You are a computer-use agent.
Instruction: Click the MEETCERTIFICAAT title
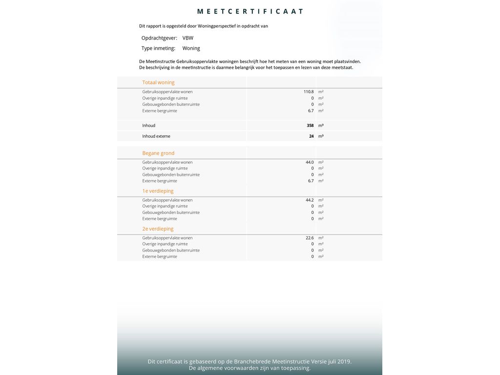(250, 11)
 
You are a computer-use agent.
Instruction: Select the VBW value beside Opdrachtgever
(188, 38)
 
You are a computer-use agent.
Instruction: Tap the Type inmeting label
(158, 48)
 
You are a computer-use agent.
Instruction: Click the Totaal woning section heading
(158, 83)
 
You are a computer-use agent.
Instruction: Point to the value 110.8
(309, 92)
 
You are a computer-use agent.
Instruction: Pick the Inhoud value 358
(310, 125)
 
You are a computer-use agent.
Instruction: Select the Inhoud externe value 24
(312, 136)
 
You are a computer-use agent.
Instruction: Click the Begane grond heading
(158, 153)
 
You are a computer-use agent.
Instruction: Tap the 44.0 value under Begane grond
(310, 162)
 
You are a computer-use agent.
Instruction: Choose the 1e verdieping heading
(158, 191)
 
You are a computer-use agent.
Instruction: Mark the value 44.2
(310, 200)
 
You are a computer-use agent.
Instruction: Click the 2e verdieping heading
(158, 229)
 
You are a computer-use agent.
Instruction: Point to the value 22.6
(310, 238)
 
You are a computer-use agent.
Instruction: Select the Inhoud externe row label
(156, 136)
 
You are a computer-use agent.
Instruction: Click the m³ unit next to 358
(321, 125)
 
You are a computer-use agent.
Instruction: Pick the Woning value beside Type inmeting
(191, 48)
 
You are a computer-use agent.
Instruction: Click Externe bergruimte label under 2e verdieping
(160, 256)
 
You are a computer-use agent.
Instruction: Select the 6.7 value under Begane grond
(311, 181)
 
